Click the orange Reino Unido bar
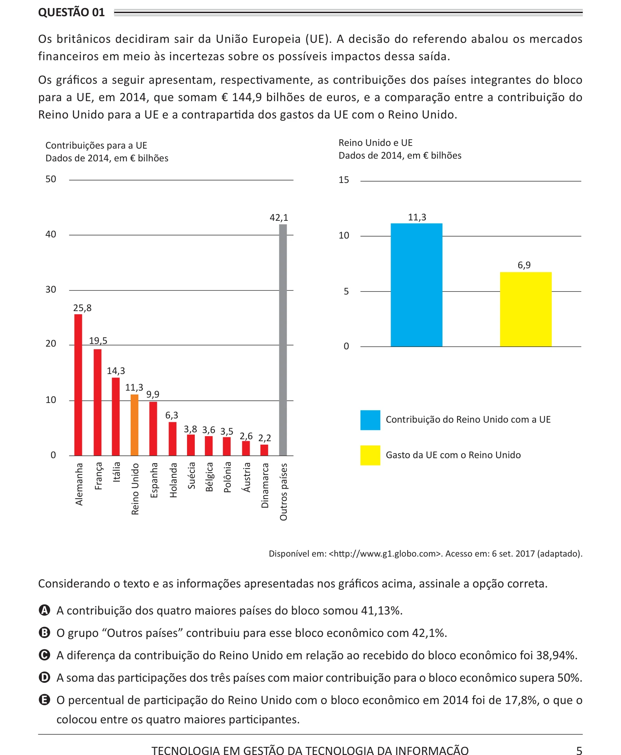pyautogui.click(x=134, y=425)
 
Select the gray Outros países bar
pyautogui.click(x=283, y=340)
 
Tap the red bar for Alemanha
pyautogui.click(x=78, y=385)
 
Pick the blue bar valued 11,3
pyautogui.click(x=417, y=285)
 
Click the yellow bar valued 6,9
pyautogui.click(x=526, y=309)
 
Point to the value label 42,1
pyautogui.click(x=279, y=218)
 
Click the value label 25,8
pyautogui.click(x=82, y=308)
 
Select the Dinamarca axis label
pyautogui.click(x=265, y=486)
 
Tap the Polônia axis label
pyautogui.click(x=228, y=477)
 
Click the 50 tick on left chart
pyautogui.click(x=51, y=179)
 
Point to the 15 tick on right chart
pyautogui.click(x=344, y=180)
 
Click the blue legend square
pyautogui.click(x=370, y=420)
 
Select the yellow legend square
pyautogui.click(x=370, y=455)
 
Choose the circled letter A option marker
pyautogui.click(x=45, y=610)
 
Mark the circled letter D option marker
pyautogui.click(x=45, y=677)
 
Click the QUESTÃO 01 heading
pyautogui.click(x=71, y=12)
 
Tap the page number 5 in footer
pyautogui.click(x=579, y=750)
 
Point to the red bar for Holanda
pyautogui.click(x=172, y=439)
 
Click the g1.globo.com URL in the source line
pyautogui.click(x=385, y=554)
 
